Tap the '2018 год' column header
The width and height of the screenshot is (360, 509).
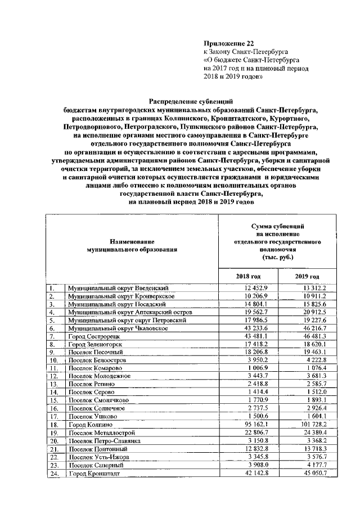[247, 277]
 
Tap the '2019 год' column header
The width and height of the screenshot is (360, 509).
[307, 277]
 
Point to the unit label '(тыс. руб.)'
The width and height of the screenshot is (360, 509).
[277, 257]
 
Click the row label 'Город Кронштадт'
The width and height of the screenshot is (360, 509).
[93, 474]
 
